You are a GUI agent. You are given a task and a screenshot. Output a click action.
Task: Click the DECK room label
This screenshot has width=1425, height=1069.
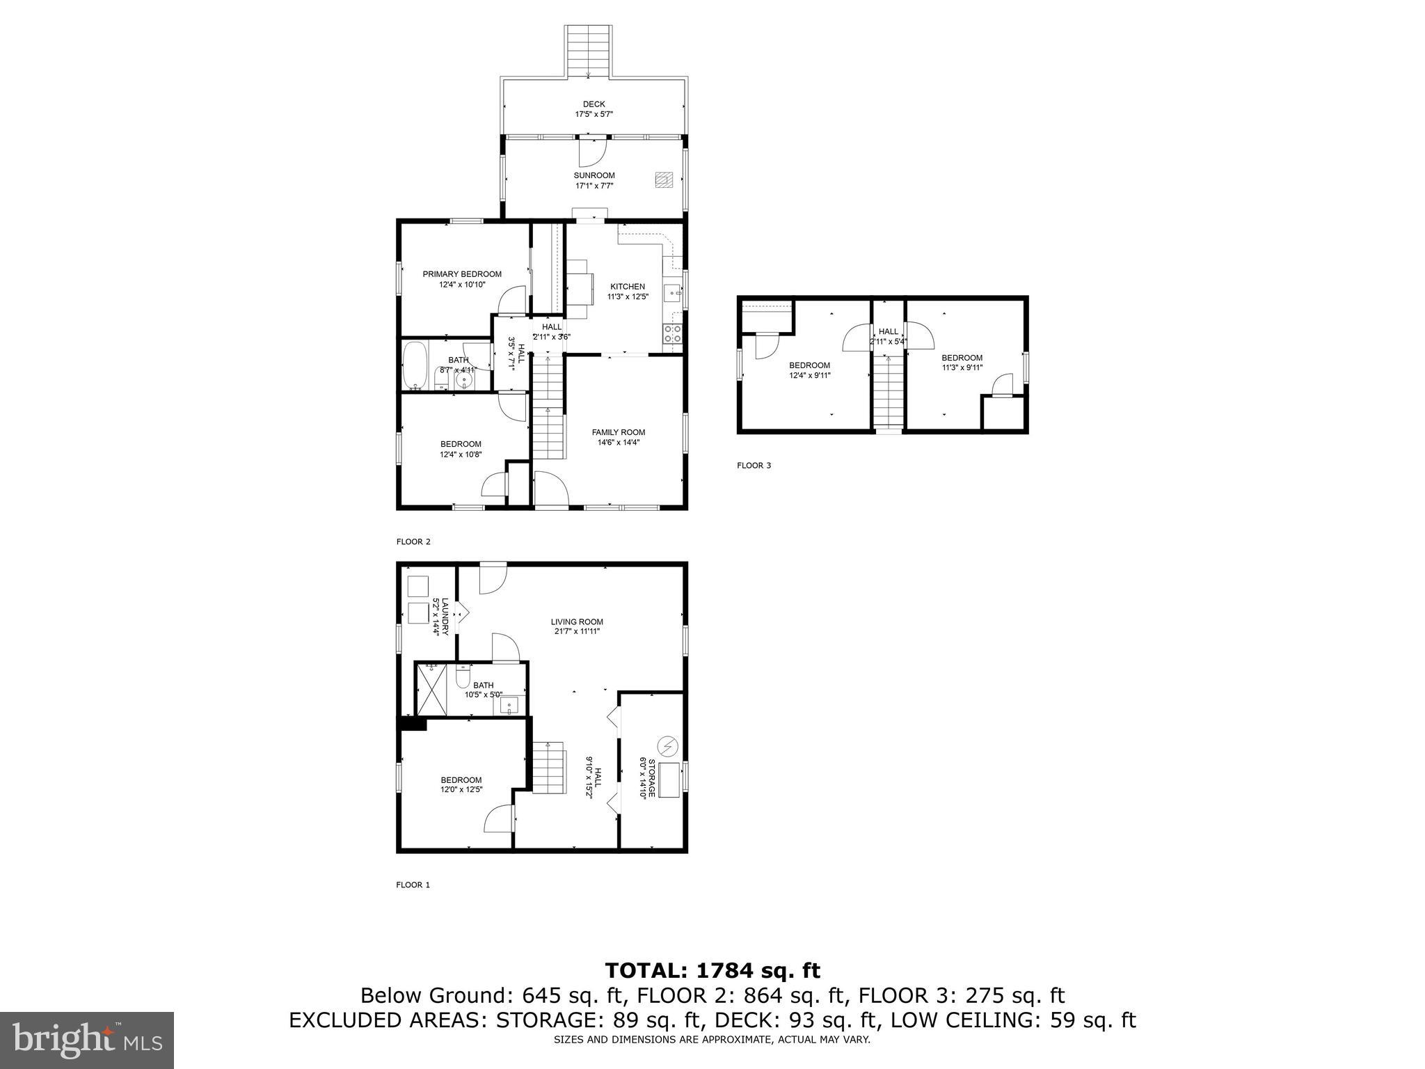click(x=594, y=104)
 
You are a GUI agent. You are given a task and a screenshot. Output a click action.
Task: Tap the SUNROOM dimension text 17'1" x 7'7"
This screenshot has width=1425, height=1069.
click(x=594, y=186)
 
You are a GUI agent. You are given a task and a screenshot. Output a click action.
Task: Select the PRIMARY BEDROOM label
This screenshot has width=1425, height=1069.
click(x=462, y=274)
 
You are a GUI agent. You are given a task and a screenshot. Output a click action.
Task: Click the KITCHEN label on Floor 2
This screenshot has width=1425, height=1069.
click(x=627, y=287)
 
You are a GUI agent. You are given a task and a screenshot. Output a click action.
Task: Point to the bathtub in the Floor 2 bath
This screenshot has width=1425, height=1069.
click(x=414, y=365)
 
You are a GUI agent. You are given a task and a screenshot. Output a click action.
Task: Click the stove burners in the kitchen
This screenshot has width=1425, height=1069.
click(x=673, y=334)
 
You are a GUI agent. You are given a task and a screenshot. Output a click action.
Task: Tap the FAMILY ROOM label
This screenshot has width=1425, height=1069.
click(x=618, y=432)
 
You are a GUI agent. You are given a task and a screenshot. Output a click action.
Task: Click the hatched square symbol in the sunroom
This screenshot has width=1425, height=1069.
click(x=663, y=180)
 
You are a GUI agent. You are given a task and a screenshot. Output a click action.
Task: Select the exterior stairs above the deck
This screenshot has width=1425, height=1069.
click(x=589, y=52)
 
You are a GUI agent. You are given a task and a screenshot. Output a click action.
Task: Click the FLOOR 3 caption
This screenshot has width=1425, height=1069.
click(x=754, y=466)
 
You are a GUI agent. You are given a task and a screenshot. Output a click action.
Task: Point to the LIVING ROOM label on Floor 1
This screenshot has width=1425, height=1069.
click(x=576, y=622)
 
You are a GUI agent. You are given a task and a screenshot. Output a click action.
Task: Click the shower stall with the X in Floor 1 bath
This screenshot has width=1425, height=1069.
click(x=431, y=689)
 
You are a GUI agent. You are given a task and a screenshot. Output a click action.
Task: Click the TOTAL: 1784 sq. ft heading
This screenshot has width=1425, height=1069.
click(x=712, y=970)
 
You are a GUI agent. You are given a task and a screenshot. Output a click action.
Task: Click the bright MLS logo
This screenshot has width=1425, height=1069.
click(x=87, y=1040)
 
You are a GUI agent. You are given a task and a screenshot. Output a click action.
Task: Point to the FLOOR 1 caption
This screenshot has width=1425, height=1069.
click(x=413, y=885)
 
